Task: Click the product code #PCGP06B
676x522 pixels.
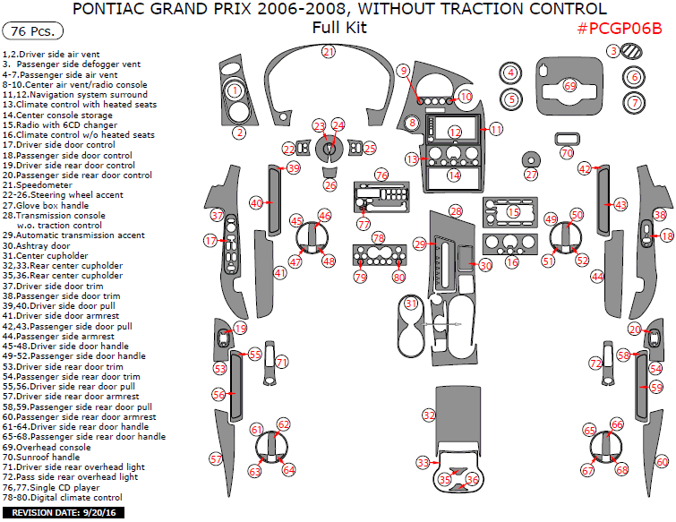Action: pyautogui.click(x=620, y=28)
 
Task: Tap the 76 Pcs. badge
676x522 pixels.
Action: pyautogui.click(x=33, y=31)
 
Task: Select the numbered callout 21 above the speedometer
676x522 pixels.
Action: pyautogui.click(x=329, y=52)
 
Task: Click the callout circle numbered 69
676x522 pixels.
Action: pyautogui.click(x=570, y=86)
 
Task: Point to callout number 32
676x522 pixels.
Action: pyautogui.click(x=430, y=415)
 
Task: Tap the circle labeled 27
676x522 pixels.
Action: pyautogui.click(x=531, y=175)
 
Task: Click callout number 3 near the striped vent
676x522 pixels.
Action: pyautogui.click(x=613, y=52)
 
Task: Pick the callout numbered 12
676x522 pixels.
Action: pyautogui.click(x=455, y=132)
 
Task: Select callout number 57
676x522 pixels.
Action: pyautogui.click(x=216, y=458)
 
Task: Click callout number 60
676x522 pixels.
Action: pyautogui.click(x=662, y=462)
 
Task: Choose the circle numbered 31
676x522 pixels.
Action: pyautogui.click(x=411, y=304)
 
